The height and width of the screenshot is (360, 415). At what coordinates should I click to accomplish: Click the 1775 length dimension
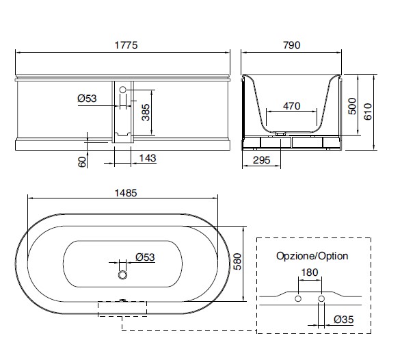coord(126,45)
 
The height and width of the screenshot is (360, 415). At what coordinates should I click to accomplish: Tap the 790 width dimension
coord(292,45)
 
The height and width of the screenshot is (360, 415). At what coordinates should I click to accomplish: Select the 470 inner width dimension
coord(292,106)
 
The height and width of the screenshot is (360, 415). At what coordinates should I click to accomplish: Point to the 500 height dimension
coord(352,106)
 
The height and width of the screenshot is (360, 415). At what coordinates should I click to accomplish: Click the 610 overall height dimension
coord(368,112)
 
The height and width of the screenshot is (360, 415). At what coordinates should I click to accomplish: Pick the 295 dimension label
coord(261,160)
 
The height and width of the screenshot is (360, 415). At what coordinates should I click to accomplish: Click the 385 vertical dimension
coord(146,112)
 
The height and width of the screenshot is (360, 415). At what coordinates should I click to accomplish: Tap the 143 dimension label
coord(148,158)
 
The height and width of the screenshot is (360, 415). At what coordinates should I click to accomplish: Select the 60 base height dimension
coord(82,162)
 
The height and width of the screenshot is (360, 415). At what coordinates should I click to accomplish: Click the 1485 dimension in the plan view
coord(126,193)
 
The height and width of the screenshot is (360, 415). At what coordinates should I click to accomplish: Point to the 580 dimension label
coord(237,261)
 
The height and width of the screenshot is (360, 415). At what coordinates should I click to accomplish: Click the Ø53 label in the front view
coord(87,99)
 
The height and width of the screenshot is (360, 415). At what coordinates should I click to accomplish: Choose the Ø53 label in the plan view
coord(145,257)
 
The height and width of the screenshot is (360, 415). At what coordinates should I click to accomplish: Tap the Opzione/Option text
coord(312,256)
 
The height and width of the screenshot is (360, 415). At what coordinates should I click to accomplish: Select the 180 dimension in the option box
coord(310,272)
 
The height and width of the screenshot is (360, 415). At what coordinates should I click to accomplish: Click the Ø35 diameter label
coord(343,320)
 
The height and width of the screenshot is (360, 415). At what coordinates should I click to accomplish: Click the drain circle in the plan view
coord(122,274)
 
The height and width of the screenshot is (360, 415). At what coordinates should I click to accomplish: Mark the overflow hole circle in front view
coord(122,90)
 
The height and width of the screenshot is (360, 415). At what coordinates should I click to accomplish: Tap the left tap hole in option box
coord(298,299)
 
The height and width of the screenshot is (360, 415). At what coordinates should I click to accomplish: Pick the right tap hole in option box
coord(321,299)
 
